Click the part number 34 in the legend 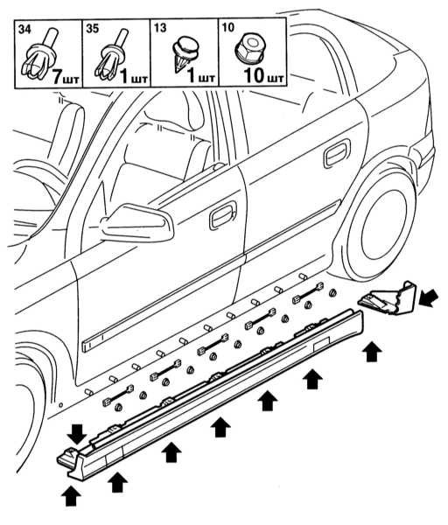pyautogui.click(x=24, y=29)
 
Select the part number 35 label pyautogui.click(x=93, y=29)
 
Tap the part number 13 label pyautogui.click(x=160, y=28)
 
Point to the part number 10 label pyautogui.click(x=228, y=27)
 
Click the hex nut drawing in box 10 pyautogui.click(x=249, y=48)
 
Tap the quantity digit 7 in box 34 pyautogui.click(x=59, y=77)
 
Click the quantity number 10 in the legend pyautogui.click(x=254, y=75)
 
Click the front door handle pyautogui.click(x=223, y=215)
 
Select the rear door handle pyautogui.click(x=337, y=153)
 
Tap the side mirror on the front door pyautogui.click(x=138, y=222)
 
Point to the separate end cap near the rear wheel pyautogui.click(x=388, y=299)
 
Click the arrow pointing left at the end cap pyautogui.click(x=429, y=298)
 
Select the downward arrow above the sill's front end pyautogui.click(x=77, y=434)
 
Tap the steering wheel pyautogui.click(x=29, y=201)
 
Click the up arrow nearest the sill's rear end pyautogui.click(x=373, y=352)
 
